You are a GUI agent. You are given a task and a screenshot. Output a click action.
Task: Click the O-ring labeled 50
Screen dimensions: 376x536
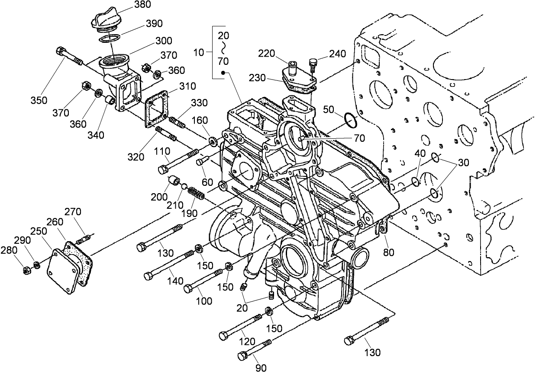click(x=350, y=120)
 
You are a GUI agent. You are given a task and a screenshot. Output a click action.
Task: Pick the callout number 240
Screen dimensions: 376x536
click(x=337, y=54)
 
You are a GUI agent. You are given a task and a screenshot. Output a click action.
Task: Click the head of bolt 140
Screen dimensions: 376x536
click(x=149, y=275)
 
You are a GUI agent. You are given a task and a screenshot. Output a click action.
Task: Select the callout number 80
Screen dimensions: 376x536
click(x=388, y=252)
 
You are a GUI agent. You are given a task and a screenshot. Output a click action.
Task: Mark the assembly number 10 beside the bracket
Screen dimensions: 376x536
click(x=199, y=53)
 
